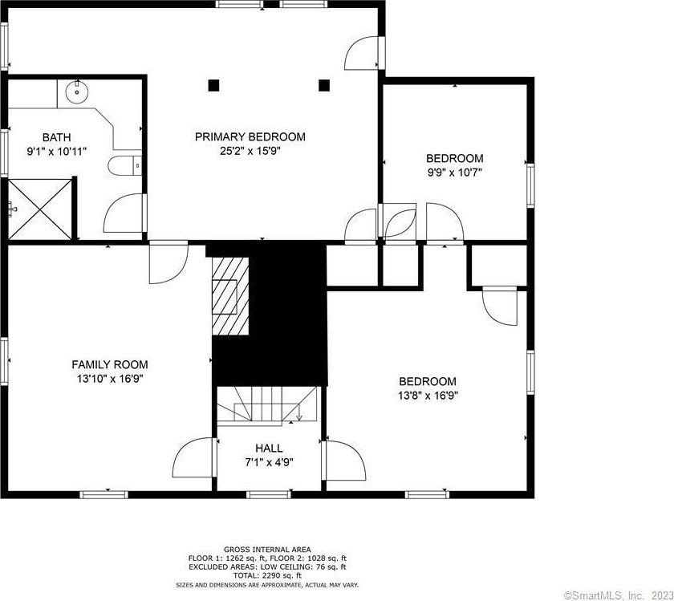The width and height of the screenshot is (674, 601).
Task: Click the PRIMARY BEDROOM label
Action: point(250,136)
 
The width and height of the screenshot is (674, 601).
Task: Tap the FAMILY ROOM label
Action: point(110,364)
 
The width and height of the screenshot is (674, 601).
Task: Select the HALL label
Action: point(269,449)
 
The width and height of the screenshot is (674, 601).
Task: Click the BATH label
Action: point(56,137)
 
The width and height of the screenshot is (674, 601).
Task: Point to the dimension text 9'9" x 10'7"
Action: point(454,173)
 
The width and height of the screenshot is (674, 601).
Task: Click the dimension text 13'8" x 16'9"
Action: point(428,396)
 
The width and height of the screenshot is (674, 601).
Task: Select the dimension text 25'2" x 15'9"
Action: point(250,151)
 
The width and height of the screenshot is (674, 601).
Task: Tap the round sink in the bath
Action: point(77,91)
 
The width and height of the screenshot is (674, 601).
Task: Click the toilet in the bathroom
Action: point(124,165)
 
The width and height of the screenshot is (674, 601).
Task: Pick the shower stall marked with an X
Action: point(40,209)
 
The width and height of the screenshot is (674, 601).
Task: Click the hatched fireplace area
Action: point(230,296)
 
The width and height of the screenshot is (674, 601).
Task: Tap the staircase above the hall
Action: point(267,405)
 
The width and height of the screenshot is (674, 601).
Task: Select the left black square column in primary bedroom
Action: point(213,86)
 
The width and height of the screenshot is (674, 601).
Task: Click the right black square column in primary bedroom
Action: point(324,86)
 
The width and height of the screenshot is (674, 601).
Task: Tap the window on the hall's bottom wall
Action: point(269,495)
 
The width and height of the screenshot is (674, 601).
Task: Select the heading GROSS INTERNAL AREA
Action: point(267,550)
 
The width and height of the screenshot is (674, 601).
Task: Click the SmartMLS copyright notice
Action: point(618,595)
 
